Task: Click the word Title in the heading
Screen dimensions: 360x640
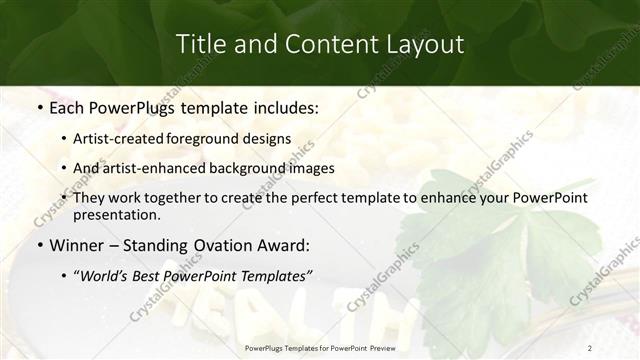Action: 199,44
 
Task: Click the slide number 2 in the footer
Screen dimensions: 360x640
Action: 590,347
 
